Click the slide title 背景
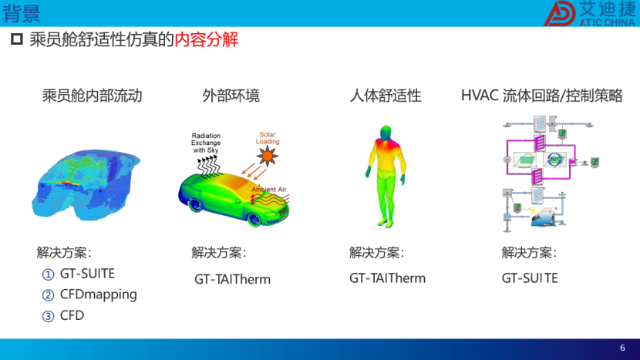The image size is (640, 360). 22,13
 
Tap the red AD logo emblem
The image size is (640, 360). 560,13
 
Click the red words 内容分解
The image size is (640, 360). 206,39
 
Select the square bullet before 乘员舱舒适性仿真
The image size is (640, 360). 17,39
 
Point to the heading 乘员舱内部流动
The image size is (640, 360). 93,96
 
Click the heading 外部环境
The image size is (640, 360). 231,96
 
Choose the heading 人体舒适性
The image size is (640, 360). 386,96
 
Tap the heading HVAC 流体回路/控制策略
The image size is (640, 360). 541,96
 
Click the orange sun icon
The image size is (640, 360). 268,156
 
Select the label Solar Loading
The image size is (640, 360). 268,138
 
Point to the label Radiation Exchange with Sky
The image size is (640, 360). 206,143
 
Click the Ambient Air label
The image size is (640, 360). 269,190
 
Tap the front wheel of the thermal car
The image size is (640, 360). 254,219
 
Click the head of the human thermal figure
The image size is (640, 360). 385,133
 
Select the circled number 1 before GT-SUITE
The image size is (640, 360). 48,274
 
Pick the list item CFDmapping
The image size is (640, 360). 99,294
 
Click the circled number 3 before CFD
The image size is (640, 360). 48,316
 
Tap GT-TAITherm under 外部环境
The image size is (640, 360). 232,279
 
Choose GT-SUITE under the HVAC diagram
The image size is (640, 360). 530,278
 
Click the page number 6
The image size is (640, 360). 622,348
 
